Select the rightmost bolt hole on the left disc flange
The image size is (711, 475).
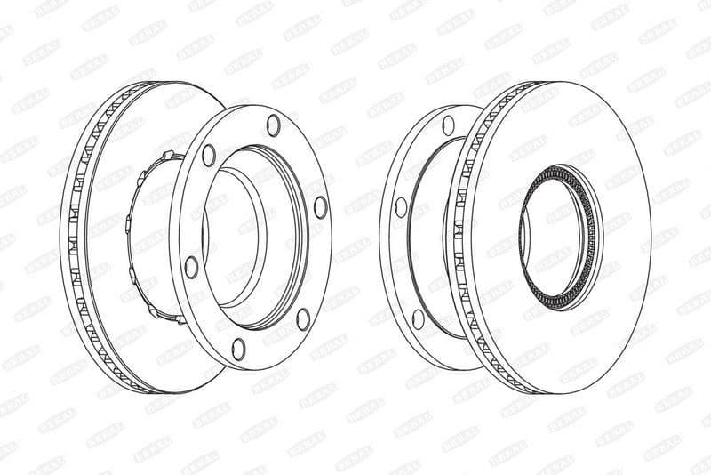[320, 206]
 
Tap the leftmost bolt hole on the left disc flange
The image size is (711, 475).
[191, 266]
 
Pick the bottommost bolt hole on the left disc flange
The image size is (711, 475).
[238, 348]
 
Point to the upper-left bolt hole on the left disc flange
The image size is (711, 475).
[209, 155]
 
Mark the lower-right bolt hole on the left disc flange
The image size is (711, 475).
[303, 318]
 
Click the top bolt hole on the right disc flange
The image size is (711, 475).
[449, 125]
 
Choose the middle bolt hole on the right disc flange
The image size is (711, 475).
[401, 207]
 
